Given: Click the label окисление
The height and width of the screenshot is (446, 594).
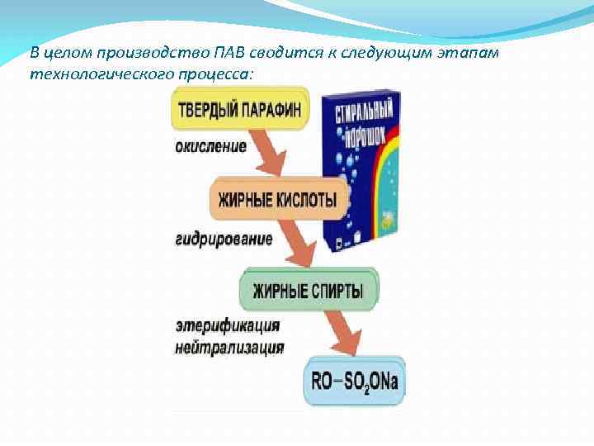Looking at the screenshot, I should (211, 147).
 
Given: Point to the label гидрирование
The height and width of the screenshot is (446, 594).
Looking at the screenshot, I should (224, 240).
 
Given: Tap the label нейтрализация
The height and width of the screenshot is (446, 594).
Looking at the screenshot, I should (230, 348).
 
